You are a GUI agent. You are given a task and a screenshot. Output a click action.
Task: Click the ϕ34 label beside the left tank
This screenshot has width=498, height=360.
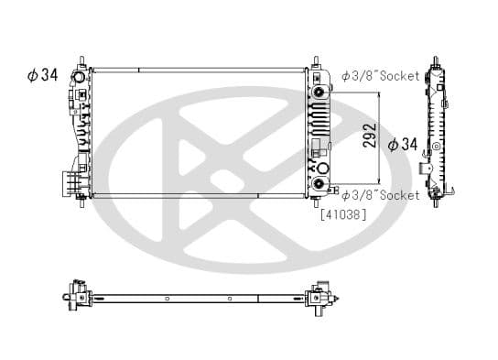[x=43, y=75]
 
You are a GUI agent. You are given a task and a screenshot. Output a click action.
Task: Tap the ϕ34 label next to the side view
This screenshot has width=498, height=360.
[x=403, y=144]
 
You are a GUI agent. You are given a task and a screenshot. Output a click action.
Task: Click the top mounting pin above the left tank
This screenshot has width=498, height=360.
[x=82, y=62]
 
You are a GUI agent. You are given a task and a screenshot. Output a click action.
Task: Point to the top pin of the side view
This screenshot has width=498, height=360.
[x=436, y=63]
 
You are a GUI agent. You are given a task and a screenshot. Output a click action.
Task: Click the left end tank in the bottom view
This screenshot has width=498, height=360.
[x=76, y=297]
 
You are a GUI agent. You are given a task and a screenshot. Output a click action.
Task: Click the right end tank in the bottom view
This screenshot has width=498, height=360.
[x=319, y=297]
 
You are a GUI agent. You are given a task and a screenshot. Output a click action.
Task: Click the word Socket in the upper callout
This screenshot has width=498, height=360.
[x=400, y=76]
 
